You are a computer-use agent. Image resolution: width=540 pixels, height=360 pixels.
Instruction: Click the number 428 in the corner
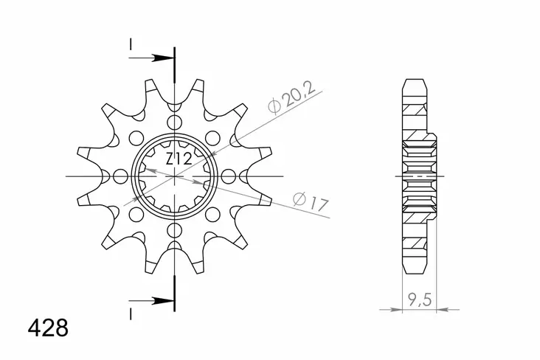click(x=48, y=328)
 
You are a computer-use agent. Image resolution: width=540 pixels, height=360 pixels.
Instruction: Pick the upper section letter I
click(x=131, y=45)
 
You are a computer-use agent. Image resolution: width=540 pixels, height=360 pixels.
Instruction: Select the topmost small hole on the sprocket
click(x=174, y=122)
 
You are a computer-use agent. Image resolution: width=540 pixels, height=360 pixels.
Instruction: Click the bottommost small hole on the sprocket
click(x=174, y=231)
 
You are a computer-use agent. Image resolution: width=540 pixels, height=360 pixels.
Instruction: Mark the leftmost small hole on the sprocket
click(x=120, y=177)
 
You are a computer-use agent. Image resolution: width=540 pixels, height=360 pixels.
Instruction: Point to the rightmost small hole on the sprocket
click(x=229, y=177)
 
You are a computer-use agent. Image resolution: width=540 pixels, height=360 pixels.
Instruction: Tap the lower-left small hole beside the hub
click(x=136, y=215)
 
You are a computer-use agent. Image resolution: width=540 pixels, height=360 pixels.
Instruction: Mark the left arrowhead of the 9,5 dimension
click(x=404, y=310)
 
